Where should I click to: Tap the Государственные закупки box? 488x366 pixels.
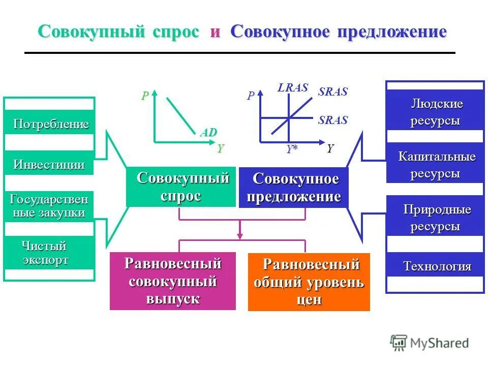point(49,205)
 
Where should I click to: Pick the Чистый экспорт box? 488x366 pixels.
point(49,253)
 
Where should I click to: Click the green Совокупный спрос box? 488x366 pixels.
point(181,187)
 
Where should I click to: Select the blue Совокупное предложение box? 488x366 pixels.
point(294,188)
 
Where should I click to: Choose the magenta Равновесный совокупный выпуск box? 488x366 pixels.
point(173,281)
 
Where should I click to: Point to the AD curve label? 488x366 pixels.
point(208,133)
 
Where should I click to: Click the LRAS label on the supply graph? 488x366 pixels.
point(293,87)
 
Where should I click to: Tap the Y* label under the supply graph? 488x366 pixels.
point(291,149)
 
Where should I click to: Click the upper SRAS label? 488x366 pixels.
point(333,92)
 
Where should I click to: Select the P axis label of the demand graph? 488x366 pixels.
point(145,96)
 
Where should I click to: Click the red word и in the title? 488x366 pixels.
point(215,32)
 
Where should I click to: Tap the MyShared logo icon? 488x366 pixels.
point(399,343)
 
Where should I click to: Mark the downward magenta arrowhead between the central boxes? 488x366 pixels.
point(240,235)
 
